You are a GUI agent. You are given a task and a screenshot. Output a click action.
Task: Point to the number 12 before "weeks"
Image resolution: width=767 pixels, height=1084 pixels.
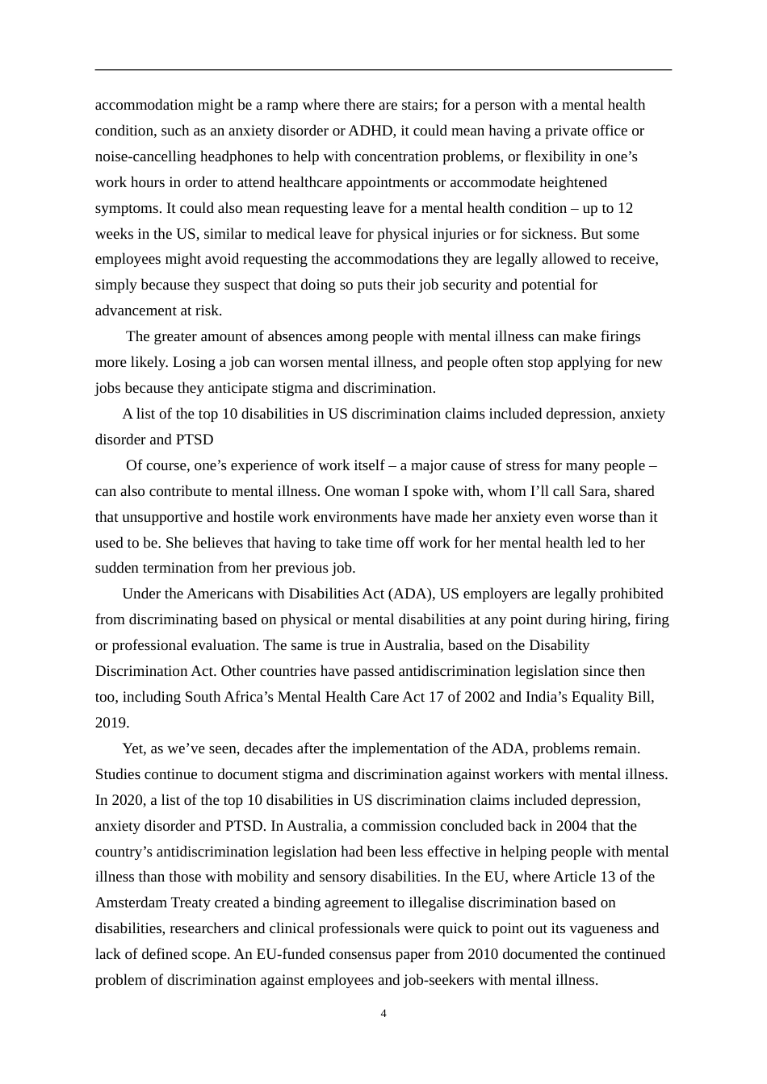pyautogui.click(x=625, y=208)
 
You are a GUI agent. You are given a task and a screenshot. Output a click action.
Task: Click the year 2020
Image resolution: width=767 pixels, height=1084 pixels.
pyautogui.click(x=126, y=800)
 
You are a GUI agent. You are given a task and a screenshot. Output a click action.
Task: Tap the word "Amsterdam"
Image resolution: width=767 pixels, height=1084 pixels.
pyautogui.click(x=132, y=903)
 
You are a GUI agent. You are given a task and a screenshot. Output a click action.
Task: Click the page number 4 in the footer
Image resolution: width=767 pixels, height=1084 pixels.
pyautogui.click(x=383, y=1014)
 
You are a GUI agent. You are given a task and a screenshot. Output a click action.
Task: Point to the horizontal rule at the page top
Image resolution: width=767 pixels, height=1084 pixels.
pyautogui.click(x=383, y=70)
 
